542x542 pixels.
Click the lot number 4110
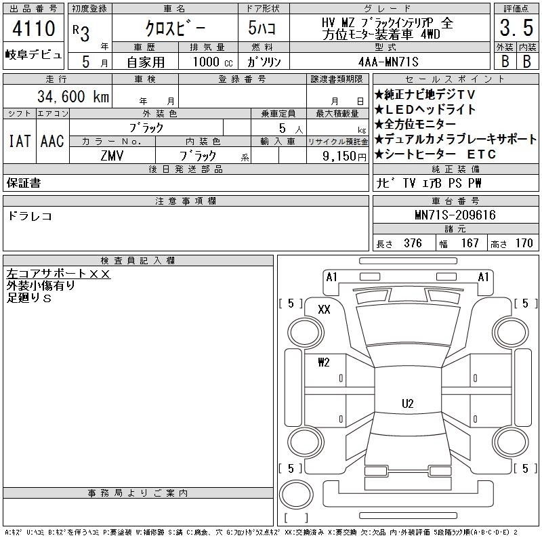coord(34,28)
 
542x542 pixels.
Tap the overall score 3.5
coord(516,28)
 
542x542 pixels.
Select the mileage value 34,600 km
coord(73,96)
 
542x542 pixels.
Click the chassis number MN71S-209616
coord(455,215)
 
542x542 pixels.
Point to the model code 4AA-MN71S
coord(388,62)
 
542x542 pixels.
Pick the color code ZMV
coord(112,156)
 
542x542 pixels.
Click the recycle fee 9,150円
coord(344,157)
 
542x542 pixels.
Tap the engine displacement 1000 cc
coord(213,62)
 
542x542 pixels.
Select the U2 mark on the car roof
coord(408,403)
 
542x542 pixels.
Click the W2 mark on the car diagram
coord(324,362)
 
